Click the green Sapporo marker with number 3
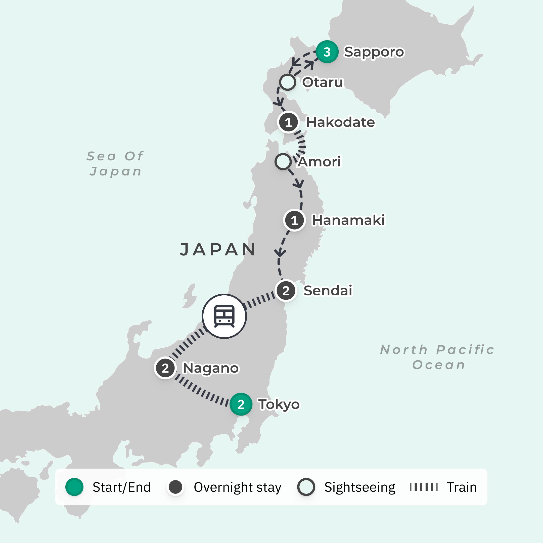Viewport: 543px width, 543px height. tap(327, 52)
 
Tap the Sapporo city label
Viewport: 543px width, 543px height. tap(374, 52)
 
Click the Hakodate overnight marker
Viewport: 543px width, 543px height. tap(288, 122)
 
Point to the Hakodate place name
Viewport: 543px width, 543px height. tap(340, 122)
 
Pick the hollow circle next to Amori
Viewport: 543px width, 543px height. tap(283, 162)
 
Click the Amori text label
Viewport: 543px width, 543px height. tap(319, 162)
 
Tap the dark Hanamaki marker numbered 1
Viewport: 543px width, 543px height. tap(294, 220)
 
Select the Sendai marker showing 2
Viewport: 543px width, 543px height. tap(286, 291)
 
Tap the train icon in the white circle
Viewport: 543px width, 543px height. tap(224, 316)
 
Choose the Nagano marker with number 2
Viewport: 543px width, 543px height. tap(165, 368)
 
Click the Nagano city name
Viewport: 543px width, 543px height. tap(210, 368)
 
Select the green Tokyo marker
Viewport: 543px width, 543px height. tap(241, 404)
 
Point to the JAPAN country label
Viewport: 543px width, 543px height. tap(218, 249)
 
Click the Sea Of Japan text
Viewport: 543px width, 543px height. tap(115, 164)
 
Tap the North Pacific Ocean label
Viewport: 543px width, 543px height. tap(437, 357)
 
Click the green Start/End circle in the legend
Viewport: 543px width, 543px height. tap(74, 487)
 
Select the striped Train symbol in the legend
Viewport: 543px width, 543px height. tap(424, 487)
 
